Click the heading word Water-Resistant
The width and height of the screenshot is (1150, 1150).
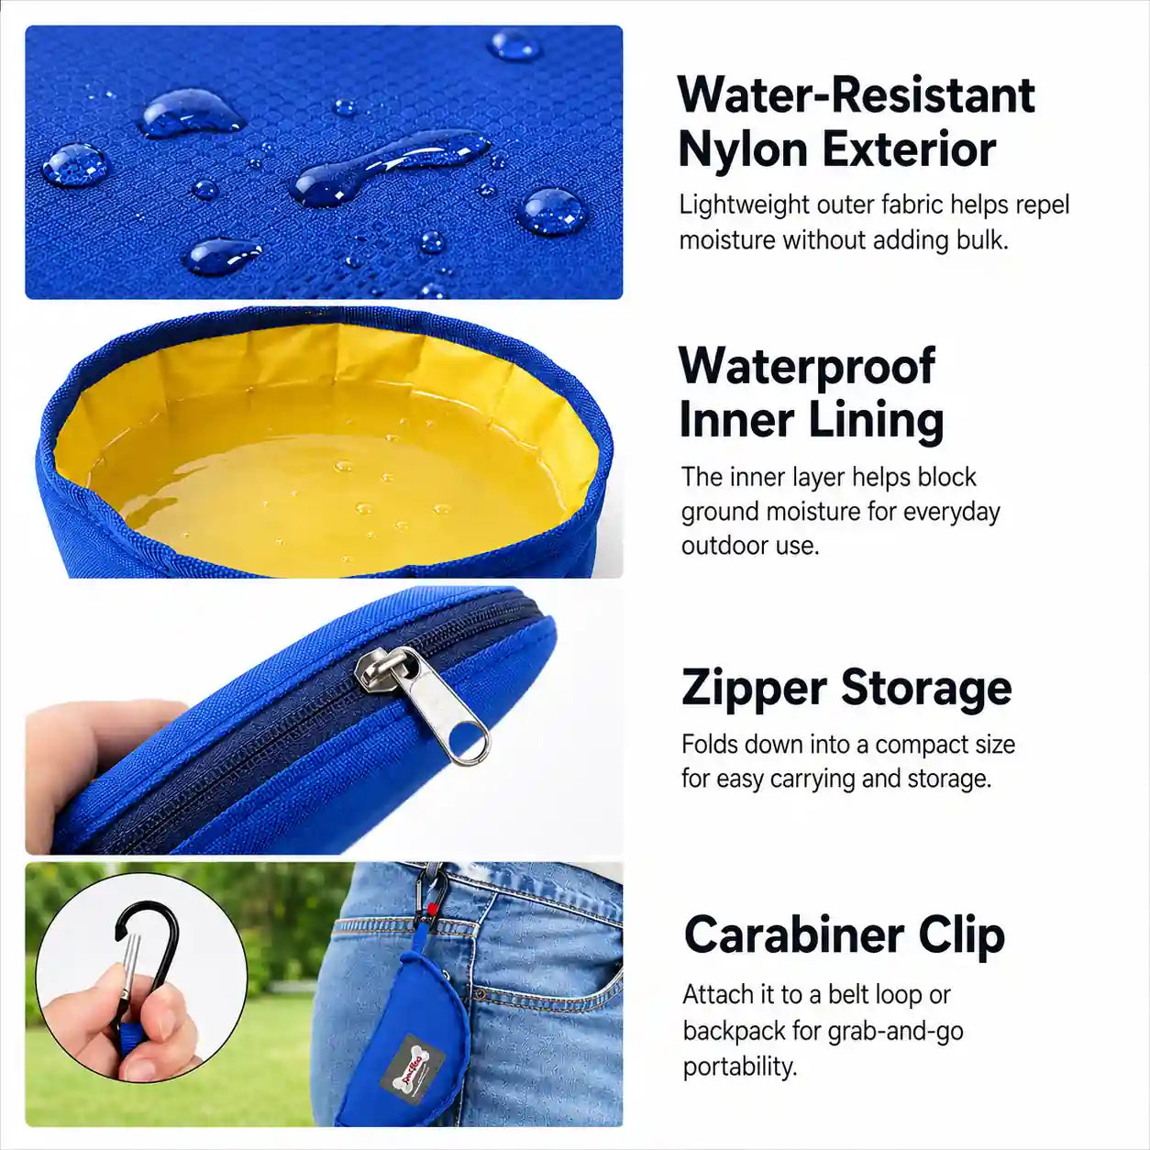click(857, 95)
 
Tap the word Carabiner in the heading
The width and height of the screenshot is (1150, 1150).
click(794, 934)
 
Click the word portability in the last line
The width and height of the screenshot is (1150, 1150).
click(740, 1067)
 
